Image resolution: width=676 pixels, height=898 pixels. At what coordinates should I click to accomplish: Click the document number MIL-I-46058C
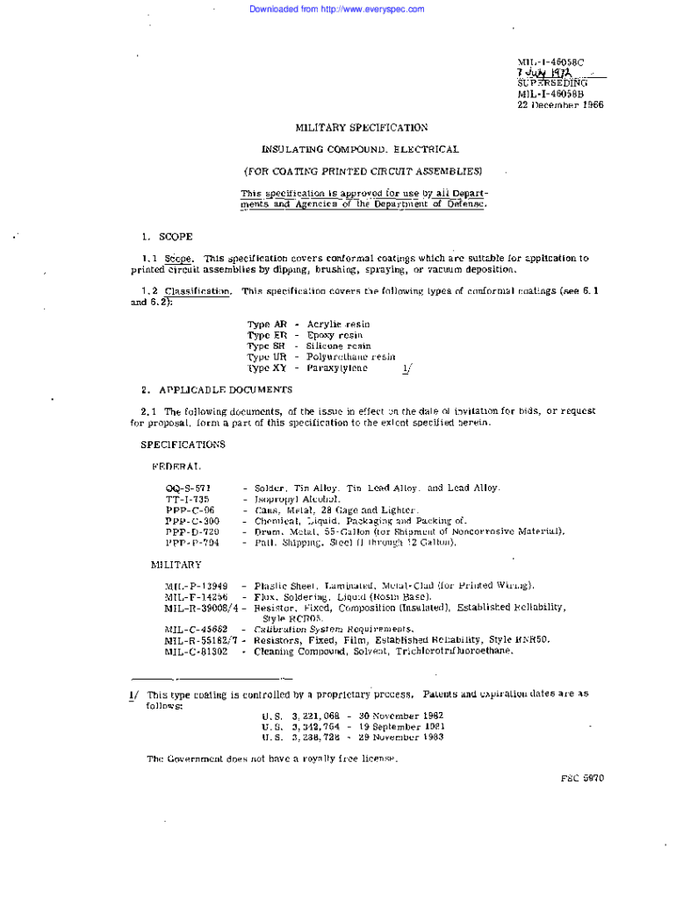point(550,62)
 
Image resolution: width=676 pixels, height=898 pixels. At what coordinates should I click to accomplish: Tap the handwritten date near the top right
point(544,73)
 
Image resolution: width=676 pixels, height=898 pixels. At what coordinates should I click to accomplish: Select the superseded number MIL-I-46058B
point(550,94)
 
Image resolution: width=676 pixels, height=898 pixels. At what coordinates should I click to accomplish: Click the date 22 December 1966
point(560,104)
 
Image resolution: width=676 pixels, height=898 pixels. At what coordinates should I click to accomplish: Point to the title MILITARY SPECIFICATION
point(362,127)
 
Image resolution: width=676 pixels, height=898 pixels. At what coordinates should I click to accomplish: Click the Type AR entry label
point(267,324)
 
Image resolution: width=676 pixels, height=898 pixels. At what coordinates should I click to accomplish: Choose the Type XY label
point(267,368)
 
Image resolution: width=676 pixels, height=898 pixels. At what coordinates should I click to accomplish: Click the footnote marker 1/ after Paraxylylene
point(406,369)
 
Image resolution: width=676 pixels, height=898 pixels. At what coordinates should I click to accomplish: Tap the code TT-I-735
point(187,499)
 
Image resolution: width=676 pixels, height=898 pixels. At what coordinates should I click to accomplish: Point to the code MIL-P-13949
point(196,586)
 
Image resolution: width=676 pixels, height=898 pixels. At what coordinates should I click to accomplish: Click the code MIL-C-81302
point(196,652)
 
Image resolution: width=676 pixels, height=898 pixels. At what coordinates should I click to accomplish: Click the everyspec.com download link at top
point(336,9)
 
